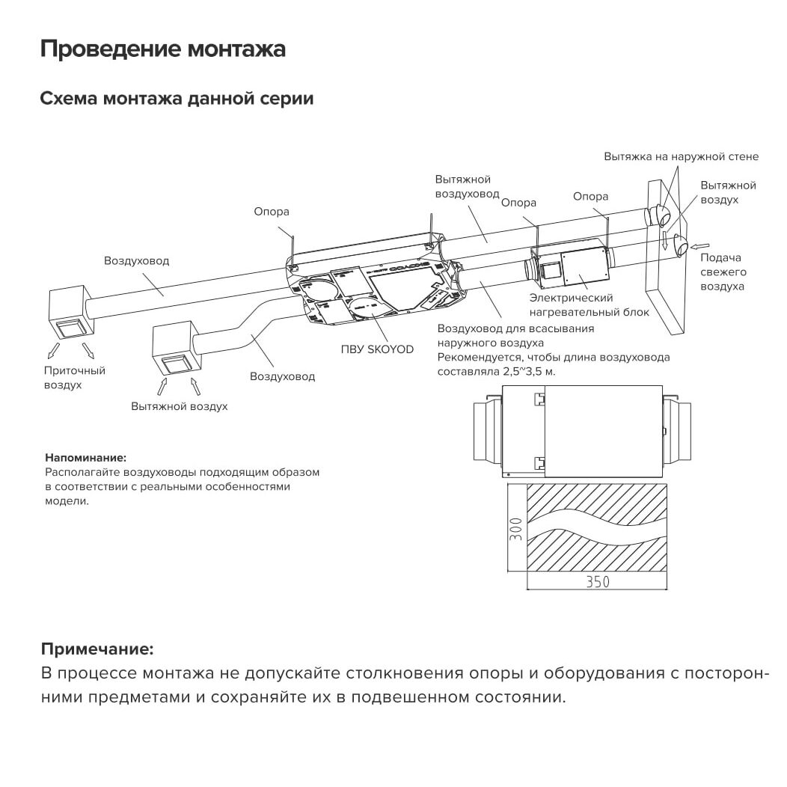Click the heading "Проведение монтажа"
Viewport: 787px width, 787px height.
tap(162, 50)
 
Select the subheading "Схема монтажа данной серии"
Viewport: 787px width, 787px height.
tap(177, 99)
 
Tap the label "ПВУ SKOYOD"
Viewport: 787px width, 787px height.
tap(377, 349)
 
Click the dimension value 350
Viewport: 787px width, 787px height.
tap(597, 582)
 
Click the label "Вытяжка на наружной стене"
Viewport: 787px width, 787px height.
tap(681, 157)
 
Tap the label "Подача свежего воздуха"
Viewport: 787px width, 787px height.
tap(722, 272)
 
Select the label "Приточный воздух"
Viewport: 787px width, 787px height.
tap(74, 377)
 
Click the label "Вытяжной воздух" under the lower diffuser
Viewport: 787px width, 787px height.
tap(179, 406)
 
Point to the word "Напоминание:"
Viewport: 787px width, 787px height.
tap(86, 457)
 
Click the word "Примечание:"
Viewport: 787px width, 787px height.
tap(97, 648)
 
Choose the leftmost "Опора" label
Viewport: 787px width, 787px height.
tap(271, 212)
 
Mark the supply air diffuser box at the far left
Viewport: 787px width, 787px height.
tap(70, 311)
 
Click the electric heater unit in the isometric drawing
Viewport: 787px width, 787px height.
tap(572, 266)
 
